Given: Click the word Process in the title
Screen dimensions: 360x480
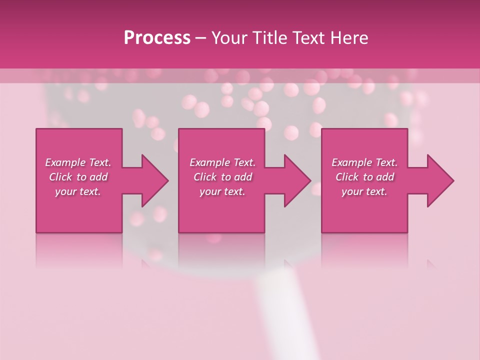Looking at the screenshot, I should tap(157, 38).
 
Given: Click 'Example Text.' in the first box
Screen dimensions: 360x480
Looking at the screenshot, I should tap(78, 162).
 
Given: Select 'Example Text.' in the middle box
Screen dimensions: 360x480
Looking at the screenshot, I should tap(222, 162).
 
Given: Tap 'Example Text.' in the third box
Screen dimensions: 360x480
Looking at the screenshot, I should tap(364, 162).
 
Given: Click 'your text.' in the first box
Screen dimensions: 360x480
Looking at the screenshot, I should tap(78, 191).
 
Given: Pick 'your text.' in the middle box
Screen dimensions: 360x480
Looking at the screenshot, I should tap(222, 191).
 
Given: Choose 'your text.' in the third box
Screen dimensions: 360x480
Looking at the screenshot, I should tap(364, 191).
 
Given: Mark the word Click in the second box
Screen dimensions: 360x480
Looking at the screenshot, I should tap(205, 177).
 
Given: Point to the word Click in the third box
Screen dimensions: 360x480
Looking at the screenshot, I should tap(347, 177).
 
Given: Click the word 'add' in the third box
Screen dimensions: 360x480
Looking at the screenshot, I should tap(385, 177).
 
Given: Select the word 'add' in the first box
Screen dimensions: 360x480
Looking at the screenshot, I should tap(98, 177).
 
